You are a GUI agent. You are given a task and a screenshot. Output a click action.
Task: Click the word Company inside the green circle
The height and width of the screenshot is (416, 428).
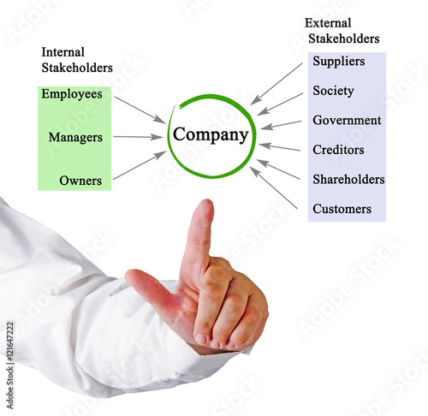coord(211,134)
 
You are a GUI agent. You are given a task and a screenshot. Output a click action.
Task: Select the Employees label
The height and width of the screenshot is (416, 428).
coord(72,94)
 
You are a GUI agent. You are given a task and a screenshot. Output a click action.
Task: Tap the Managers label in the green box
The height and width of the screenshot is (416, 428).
coord(75,138)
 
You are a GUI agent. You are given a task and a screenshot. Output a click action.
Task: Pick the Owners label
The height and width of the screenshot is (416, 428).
coord(80,181)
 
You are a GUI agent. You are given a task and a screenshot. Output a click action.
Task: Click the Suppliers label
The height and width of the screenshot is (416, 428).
coord(339,62)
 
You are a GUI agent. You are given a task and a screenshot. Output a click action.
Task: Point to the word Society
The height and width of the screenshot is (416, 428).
coord(333,91)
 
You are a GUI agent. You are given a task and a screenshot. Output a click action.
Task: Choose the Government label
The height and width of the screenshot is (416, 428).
coord(347,120)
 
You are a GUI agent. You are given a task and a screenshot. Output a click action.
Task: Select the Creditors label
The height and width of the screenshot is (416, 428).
coord(338,150)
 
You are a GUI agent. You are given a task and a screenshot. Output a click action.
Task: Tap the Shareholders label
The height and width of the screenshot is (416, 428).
coord(348,179)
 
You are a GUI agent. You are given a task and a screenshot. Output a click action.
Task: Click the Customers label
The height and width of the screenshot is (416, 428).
coord(342,209)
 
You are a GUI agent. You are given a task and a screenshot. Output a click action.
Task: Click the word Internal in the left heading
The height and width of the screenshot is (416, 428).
coord(63,52)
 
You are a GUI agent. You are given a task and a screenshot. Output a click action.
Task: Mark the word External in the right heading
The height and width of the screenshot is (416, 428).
coord(328,23)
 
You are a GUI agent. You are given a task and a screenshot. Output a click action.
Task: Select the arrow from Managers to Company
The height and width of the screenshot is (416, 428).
coord(138,137)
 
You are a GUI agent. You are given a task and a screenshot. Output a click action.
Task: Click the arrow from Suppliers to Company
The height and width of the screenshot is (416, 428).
coord(276,84)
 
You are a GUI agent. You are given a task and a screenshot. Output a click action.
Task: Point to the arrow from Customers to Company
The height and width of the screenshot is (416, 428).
coord(274,187)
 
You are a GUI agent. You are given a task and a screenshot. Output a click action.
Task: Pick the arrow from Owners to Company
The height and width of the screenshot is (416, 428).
coord(140,165)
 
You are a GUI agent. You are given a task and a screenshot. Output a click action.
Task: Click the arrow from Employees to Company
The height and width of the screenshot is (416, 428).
coord(140,110)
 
